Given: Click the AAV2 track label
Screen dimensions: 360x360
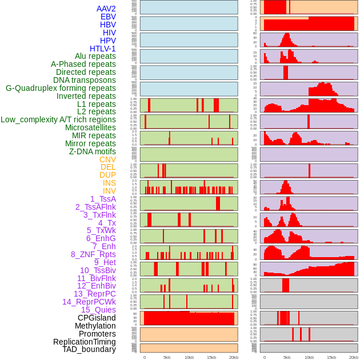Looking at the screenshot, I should tap(106, 9).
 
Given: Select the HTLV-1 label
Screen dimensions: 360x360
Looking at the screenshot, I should tap(102, 49).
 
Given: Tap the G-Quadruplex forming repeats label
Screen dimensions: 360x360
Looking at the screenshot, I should tap(61, 88).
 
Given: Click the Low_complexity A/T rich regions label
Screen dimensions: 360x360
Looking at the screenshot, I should tap(58, 119).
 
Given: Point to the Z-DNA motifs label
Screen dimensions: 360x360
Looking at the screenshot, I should tap(92, 151).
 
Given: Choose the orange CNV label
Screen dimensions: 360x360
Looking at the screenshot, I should tap(107, 159).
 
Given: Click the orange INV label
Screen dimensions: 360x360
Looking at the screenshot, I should tap(109, 191).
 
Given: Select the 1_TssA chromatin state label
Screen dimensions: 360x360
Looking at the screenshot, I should tap(103, 199).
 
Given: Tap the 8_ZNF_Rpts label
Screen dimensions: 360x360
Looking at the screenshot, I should tap(93, 254).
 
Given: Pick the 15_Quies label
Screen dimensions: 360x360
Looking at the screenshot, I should tap(98, 310).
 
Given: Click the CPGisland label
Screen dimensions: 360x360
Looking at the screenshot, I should tap(97, 318).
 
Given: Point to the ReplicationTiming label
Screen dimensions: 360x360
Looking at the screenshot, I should tap(84, 342).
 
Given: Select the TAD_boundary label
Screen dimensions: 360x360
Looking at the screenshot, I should tap(89, 349).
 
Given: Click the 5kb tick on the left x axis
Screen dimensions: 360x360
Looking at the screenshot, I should tap(167, 357).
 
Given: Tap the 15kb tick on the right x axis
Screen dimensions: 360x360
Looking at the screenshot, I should tap(331, 357).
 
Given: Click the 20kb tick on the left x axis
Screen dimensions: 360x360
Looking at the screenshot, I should tap(233, 357).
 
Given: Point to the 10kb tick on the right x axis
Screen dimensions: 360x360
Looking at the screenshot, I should tap(309, 357).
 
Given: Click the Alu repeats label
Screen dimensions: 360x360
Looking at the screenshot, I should tap(95, 56).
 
